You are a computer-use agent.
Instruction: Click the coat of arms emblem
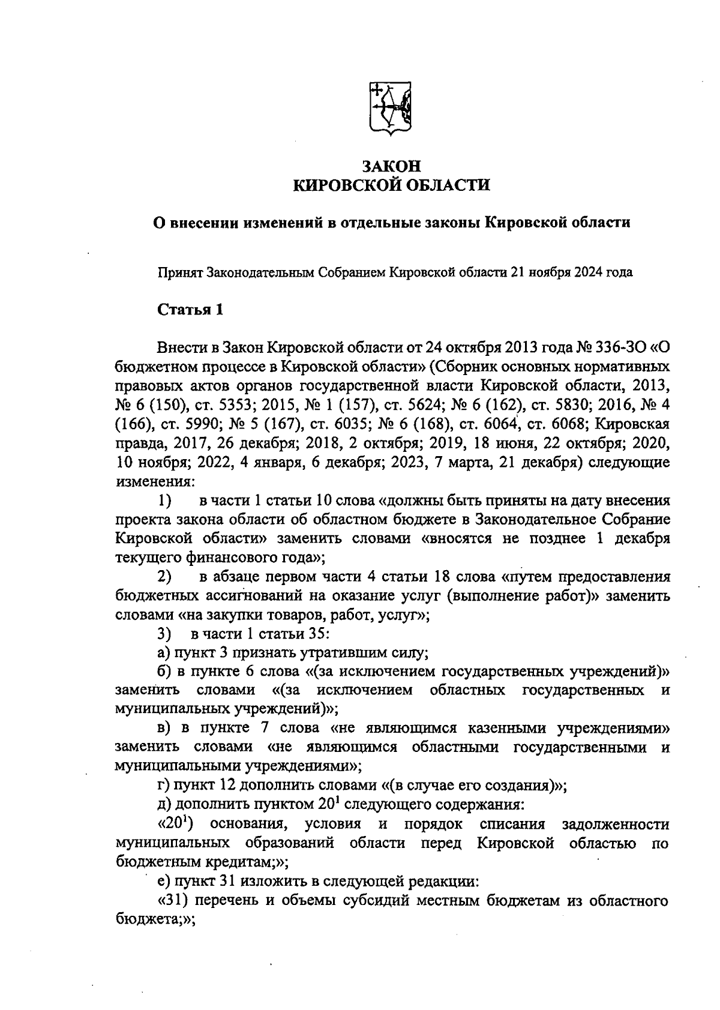coord(390,109)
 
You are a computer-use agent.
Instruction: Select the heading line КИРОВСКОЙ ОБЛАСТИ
coord(391,185)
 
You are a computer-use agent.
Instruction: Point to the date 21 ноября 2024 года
coord(571,272)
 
